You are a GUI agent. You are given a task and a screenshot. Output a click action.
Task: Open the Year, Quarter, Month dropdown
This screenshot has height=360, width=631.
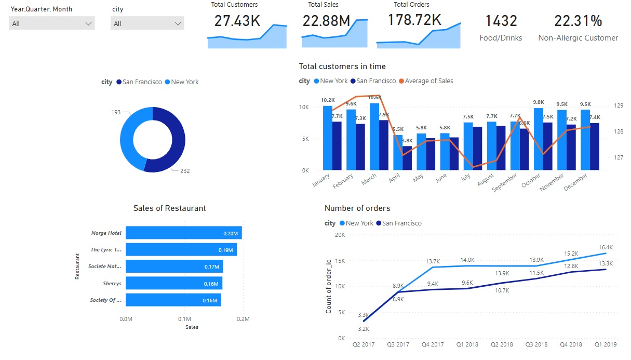pos(52,23)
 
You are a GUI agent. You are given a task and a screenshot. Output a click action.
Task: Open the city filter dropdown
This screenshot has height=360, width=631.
pos(147,23)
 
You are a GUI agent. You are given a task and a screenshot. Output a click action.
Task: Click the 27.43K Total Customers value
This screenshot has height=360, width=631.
pos(237,21)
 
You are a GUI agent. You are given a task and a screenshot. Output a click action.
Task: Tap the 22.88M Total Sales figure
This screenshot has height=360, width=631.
pos(326,21)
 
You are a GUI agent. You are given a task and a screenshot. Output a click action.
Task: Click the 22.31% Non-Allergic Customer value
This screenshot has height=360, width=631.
pos(578,21)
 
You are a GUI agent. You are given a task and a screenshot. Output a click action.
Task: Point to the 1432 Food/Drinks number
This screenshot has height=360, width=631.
pos(501,21)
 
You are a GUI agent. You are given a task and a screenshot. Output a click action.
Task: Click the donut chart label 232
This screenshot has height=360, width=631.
pos(185,171)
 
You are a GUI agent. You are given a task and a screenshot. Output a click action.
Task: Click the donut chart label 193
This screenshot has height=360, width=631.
pos(115,112)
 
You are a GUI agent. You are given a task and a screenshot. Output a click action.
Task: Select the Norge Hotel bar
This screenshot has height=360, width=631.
pos(183,233)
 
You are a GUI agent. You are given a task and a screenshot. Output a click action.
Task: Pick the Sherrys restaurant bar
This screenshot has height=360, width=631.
pos(173,284)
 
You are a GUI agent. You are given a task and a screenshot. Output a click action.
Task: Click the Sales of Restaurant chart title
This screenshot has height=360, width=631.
pos(169,208)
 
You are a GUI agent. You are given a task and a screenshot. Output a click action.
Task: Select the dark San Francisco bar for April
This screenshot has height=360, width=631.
pos(407,158)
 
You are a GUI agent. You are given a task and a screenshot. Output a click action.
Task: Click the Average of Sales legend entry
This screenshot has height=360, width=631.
pos(428,81)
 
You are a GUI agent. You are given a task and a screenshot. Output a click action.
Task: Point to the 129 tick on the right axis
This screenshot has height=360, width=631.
pos(619,106)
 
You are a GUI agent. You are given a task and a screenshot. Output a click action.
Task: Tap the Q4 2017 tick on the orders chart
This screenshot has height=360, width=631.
pos(432,344)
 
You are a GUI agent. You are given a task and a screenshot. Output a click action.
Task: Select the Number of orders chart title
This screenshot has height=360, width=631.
pos(357,208)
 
